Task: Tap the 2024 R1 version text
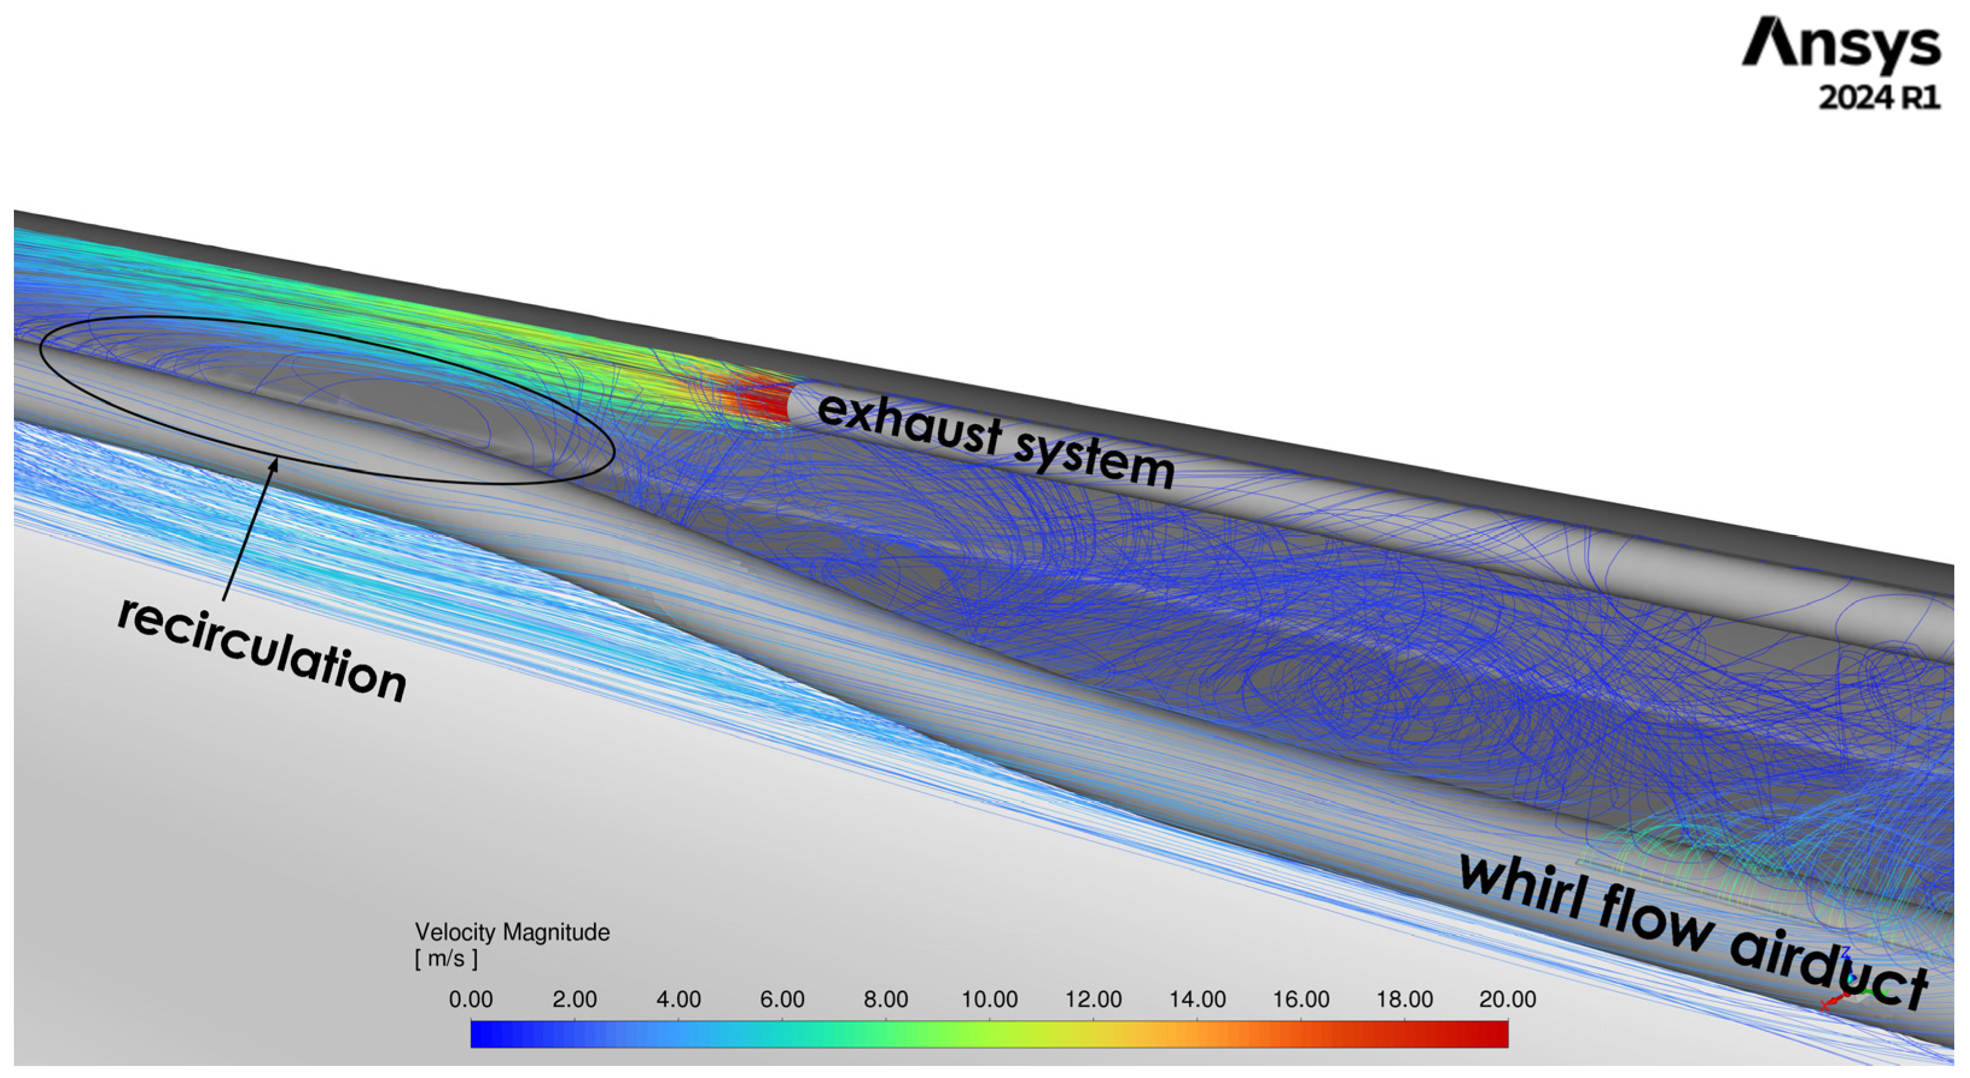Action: [1879, 98]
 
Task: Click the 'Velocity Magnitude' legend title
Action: [512, 933]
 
